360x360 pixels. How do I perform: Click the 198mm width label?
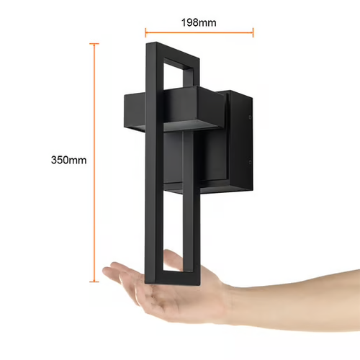(199, 22)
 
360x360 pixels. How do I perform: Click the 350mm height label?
(68, 160)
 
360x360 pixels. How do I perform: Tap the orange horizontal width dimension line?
(199, 32)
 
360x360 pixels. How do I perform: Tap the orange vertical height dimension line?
(94, 163)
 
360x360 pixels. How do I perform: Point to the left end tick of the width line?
(145, 32)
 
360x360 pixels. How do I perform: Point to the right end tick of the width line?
(253, 32)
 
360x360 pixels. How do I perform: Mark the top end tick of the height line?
(94, 44)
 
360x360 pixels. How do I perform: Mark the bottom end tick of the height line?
(94, 282)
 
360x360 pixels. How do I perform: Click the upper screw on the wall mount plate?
(250, 117)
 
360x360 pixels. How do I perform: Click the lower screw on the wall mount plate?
(250, 162)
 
